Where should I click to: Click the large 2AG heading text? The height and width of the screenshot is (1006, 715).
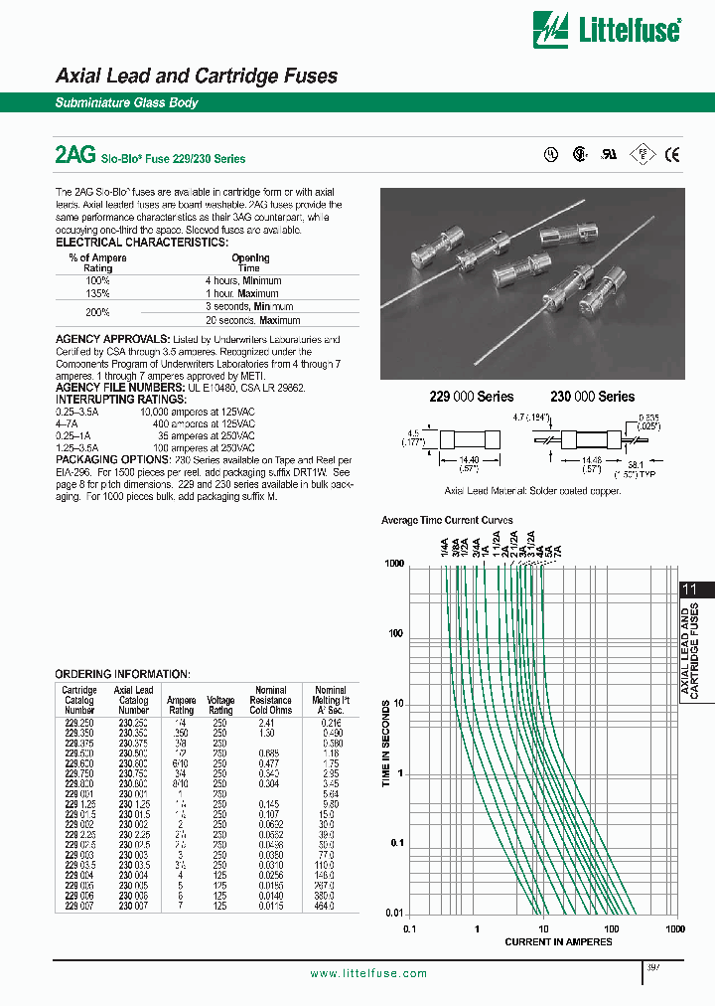(75, 155)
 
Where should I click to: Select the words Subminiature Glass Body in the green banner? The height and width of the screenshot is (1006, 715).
(126, 103)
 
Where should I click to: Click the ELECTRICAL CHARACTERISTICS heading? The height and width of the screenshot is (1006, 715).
(141, 243)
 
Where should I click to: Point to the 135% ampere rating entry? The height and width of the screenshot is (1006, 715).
(96, 293)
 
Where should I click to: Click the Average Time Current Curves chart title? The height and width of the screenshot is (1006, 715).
(447, 520)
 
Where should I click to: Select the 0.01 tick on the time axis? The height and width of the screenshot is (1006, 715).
(394, 914)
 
